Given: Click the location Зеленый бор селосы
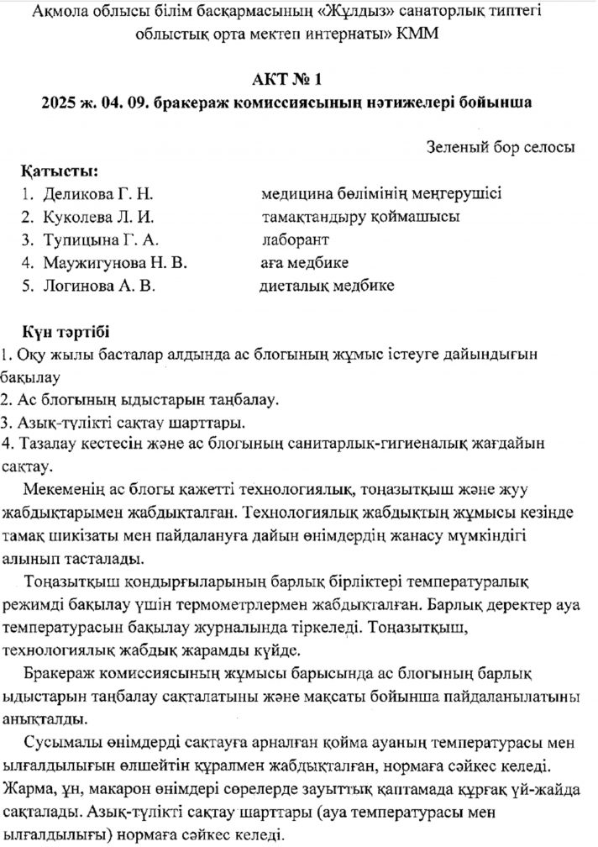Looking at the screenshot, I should click(501, 146).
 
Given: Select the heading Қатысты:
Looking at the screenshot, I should click(61, 171).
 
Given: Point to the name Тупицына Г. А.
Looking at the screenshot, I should click(100, 239).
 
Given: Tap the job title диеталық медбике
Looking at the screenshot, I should click(327, 285).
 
